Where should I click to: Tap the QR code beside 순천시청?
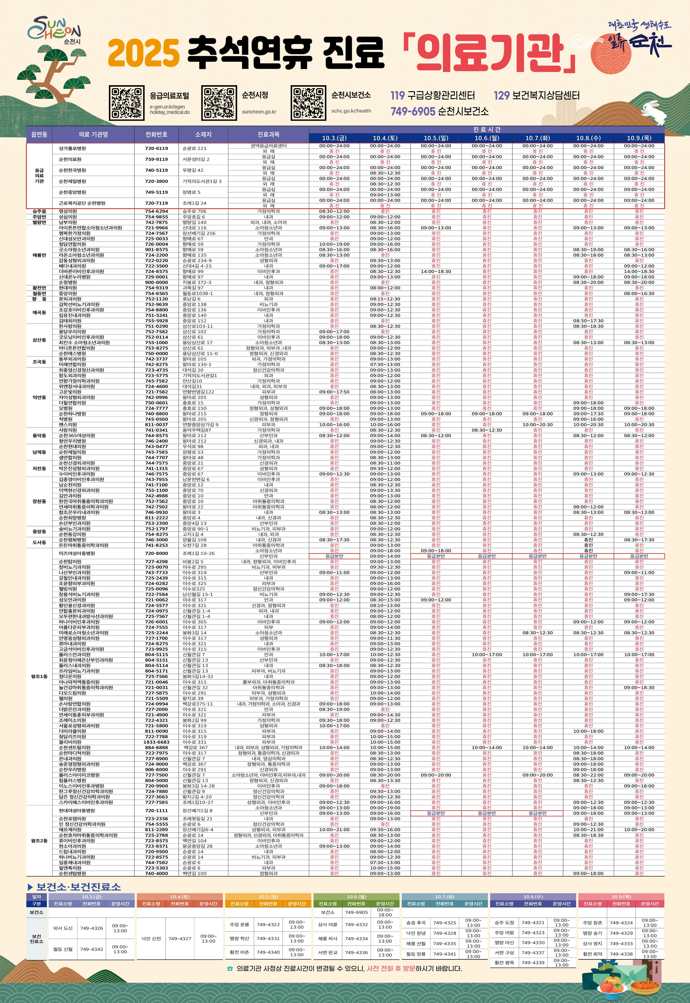[x=219, y=103]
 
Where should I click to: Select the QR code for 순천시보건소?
[x=308, y=103]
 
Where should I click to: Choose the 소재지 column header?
[x=203, y=134]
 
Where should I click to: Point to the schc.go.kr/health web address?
[x=351, y=111]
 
